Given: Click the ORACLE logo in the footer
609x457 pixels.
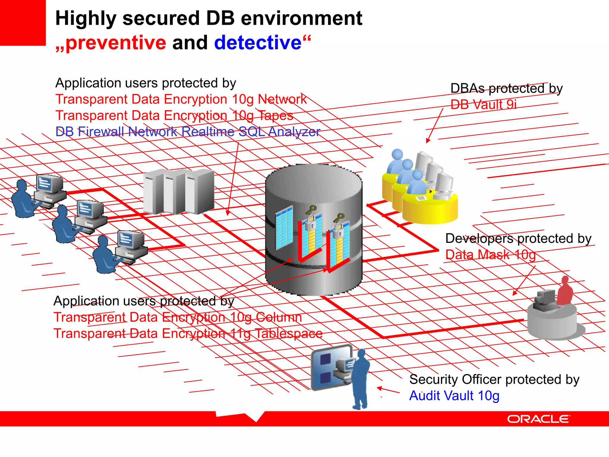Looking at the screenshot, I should [538, 419].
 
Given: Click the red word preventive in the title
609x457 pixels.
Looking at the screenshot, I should [116, 43].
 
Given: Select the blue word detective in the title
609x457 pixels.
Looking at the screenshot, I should [258, 43].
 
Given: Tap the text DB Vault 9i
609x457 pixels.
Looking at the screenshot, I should [484, 105].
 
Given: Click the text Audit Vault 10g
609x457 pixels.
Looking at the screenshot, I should [454, 396].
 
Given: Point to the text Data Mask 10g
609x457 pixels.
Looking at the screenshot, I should [490, 255].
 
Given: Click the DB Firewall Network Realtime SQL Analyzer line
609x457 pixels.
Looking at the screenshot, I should [187, 132].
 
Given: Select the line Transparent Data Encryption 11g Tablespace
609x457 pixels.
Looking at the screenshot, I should [188, 334].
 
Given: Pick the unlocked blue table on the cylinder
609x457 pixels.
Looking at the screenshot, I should [284, 228].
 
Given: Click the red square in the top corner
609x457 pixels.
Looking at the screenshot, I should [23, 23].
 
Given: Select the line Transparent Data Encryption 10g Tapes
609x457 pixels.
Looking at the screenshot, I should [174, 115].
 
